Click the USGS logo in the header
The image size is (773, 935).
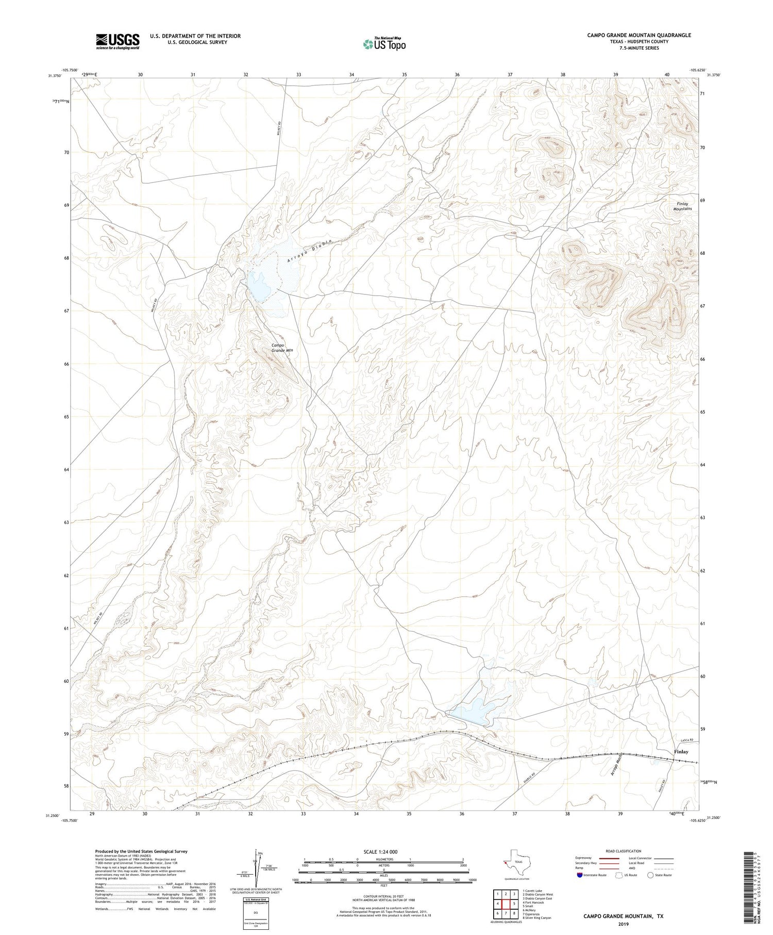pos(117,41)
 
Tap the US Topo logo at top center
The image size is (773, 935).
pos(384,44)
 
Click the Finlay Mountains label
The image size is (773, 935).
pos(683,206)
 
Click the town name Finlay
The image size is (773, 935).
pos(681,752)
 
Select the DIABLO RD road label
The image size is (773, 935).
pos(524,782)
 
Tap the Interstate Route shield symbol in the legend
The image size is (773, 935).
pos(580,875)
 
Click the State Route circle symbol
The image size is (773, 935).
pos(650,875)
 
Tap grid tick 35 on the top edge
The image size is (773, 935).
pos(405,75)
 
